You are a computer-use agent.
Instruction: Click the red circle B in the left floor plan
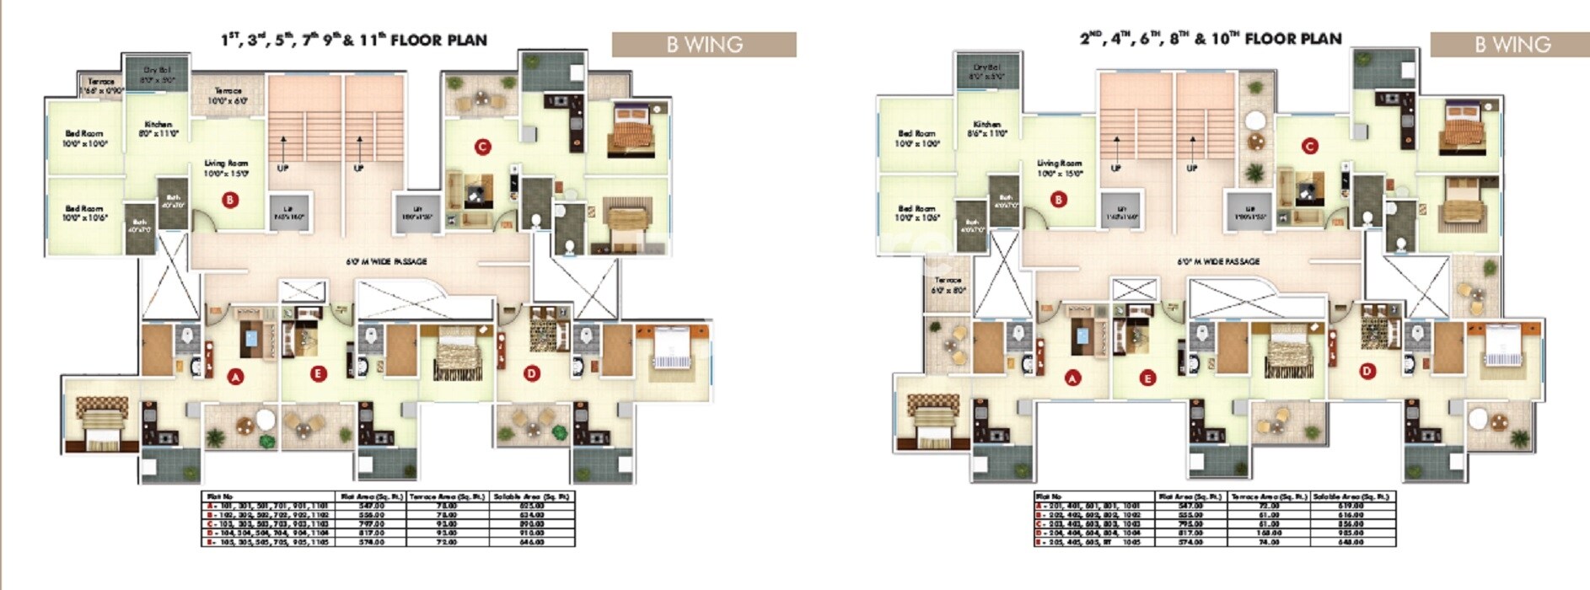tap(229, 200)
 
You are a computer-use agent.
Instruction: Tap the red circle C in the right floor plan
tap(1309, 146)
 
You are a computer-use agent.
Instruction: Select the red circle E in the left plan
tap(318, 373)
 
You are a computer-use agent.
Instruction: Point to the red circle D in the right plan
tap(1367, 370)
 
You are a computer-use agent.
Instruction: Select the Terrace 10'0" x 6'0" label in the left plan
tap(228, 95)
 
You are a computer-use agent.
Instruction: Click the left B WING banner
tap(704, 45)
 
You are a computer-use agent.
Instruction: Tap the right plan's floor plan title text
tap(1211, 39)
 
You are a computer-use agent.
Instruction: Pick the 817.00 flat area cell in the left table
tap(372, 533)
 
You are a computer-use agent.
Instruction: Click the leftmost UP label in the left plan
tap(282, 168)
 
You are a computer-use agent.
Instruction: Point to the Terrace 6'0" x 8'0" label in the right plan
tap(948, 285)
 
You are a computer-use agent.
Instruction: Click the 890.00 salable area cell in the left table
tap(532, 523)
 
